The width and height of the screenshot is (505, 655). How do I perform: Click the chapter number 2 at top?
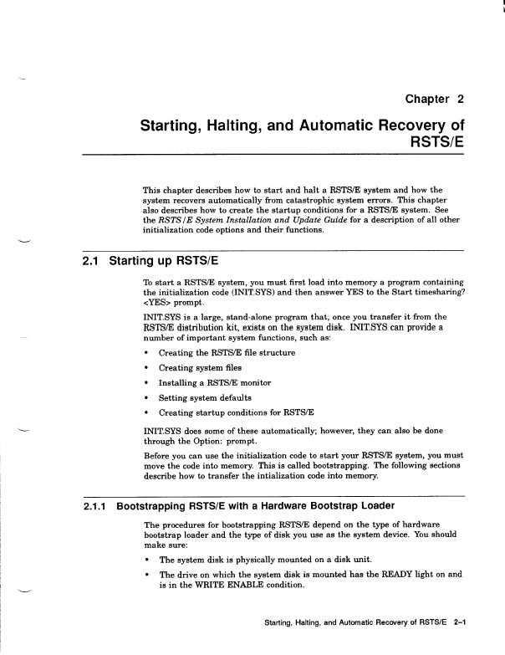point(459,100)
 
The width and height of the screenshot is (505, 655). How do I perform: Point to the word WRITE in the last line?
point(211,586)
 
